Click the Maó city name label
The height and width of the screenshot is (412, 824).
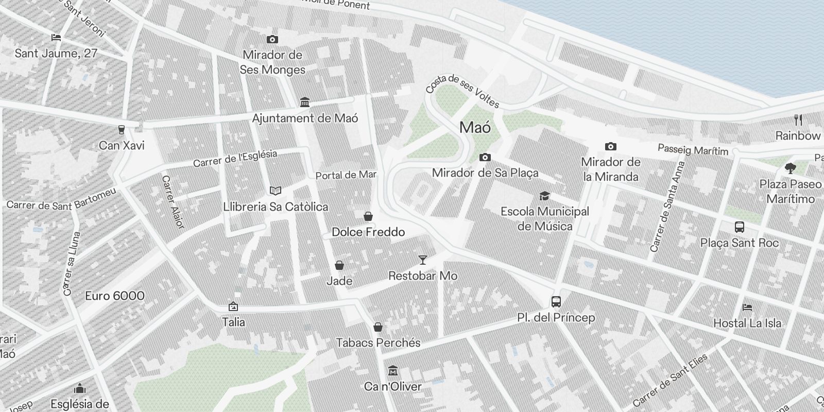475,127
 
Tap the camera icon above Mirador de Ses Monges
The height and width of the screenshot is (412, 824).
272,39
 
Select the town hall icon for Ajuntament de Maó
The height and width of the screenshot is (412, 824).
304,102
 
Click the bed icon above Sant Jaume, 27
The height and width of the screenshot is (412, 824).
56,38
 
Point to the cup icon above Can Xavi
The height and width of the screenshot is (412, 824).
122,129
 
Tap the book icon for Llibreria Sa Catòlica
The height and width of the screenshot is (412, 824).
276,191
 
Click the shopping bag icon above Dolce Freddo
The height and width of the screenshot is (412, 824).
368,216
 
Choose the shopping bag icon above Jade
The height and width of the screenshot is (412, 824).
339,265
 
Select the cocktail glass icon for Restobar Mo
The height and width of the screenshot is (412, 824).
422,260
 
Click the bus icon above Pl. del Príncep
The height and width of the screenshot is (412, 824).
556,302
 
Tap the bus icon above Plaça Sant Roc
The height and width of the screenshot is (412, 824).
739,227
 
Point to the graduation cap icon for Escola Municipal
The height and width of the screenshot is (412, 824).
544,196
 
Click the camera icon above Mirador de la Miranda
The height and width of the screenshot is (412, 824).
610,146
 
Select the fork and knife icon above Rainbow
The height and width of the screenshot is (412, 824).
798,120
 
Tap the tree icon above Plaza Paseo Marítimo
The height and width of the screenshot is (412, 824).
790,168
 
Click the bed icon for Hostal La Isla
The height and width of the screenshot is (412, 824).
747,307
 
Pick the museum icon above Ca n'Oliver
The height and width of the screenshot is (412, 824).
393,371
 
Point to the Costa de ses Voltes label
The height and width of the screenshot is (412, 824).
462,91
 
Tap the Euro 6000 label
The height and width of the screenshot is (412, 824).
115,296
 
